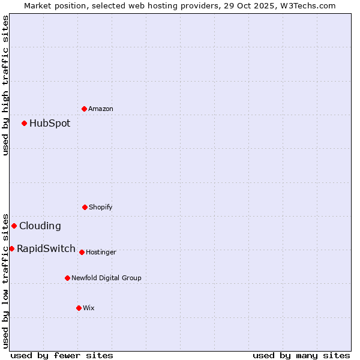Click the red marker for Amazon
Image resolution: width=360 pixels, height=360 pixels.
[x=84, y=109]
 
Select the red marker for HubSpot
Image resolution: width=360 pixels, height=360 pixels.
[x=24, y=123]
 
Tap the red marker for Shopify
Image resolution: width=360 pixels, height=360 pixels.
[x=85, y=207]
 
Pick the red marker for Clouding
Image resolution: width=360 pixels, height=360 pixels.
[x=14, y=226]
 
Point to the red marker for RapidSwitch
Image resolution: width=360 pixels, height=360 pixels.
[x=11, y=248]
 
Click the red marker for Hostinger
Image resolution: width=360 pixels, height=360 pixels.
[x=82, y=252]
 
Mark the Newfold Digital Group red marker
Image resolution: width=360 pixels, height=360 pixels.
[x=67, y=278]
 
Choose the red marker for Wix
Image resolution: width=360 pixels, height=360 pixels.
[x=79, y=308]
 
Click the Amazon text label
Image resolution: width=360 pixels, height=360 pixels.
[x=101, y=109]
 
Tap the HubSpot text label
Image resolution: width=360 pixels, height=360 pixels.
[x=50, y=124]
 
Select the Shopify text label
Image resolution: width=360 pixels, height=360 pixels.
[x=101, y=208]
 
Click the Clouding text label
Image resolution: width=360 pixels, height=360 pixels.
[x=40, y=226]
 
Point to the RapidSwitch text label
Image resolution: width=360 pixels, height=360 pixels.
[x=46, y=249]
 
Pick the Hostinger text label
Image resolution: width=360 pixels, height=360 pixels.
[x=101, y=253]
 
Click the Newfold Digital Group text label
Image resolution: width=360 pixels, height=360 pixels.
[x=107, y=278]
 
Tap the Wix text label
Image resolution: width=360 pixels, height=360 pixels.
[x=89, y=308]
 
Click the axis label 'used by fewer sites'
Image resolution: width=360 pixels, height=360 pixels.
[x=62, y=355]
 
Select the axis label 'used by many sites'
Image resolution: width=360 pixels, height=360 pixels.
[x=301, y=355]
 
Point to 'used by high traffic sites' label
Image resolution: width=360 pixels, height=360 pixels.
[x=5, y=85]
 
